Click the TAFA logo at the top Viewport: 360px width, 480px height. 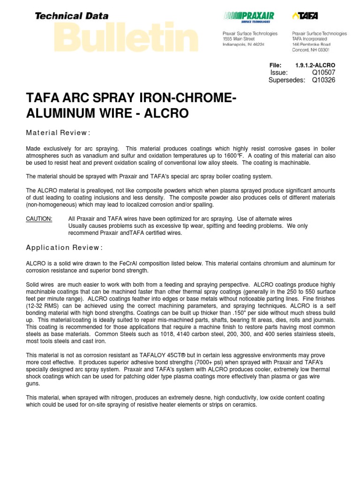pyautogui.click(x=305, y=16)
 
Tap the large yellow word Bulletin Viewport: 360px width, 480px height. pyautogui.click(x=126, y=37)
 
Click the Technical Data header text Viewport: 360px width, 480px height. pyautogui.click(x=72, y=16)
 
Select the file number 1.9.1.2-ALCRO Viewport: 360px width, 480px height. pyautogui.click(x=315, y=65)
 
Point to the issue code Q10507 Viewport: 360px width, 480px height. pyautogui.click(x=324, y=72)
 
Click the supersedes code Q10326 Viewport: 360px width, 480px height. pyautogui.click(x=324, y=80)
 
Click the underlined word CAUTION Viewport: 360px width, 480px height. pyautogui.click(x=39, y=219)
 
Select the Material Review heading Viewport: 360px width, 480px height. pyautogui.click(x=58, y=133)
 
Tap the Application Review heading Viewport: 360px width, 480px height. pyautogui.click(x=64, y=247)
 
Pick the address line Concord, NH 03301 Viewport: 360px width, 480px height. pyautogui.click(x=311, y=49)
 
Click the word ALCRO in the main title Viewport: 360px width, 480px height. pyautogui.click(x=165, y=113)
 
